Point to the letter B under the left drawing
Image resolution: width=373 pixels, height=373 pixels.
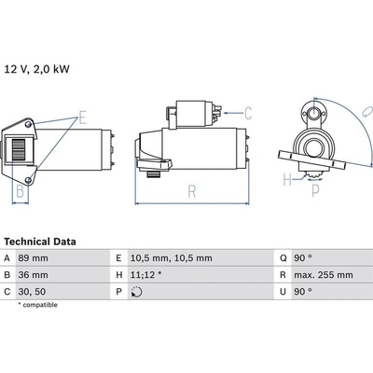point(20,194)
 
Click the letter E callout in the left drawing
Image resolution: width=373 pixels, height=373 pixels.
point(83,117)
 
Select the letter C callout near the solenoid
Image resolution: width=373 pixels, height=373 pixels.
point(247,113)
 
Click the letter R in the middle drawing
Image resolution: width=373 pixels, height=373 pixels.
point(190,193)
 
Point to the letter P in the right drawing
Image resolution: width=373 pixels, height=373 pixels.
point(314,193)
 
